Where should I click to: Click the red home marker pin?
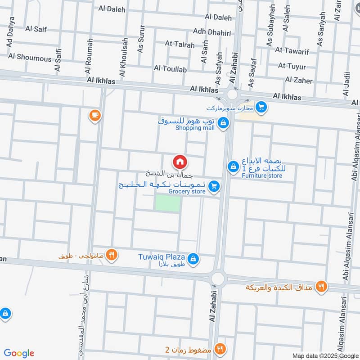pyautogui.click(x=180, y=162)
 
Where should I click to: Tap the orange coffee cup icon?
pyautogui.click(x=94, y=116)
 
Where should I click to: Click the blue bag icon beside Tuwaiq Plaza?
pyautogui.click(x=193, y=258)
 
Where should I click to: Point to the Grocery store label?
pyautogui.click(x=187, y=192)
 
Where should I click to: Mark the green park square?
pyautogui.click(x=167, y=203)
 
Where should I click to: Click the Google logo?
pyautogui.click(x=19, y=353)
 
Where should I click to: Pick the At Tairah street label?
pyautogui.click(x=180, y=44)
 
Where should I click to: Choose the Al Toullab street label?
pyautogui.click(x=170, y=68)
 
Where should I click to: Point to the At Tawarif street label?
pyautogui.click(x=292, y=51)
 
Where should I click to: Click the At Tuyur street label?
pyautogui.click(x=292, y=66)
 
